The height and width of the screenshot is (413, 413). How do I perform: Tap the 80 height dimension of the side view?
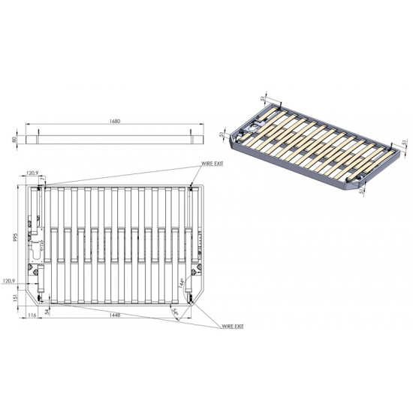pos(14,139)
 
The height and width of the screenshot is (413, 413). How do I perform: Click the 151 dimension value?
pos(17,298)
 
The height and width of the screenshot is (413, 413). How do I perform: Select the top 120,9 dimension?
pos(32,173)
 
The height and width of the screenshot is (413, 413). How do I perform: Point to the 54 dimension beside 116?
pos(48,311)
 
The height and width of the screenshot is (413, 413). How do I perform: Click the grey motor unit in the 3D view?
pos(257,127)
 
